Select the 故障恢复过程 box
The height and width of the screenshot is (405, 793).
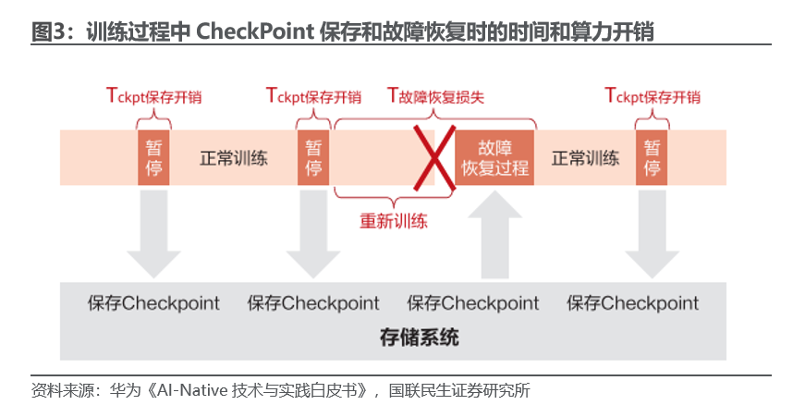[x=494, y=157]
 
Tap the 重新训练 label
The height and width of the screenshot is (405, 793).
[x=394, y=221]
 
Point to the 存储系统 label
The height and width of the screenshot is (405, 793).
[x=419, y=337]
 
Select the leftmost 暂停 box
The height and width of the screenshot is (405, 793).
[x=154, y=157]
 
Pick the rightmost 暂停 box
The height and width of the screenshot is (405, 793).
[x=653, y=157]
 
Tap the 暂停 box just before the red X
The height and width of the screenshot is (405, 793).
[x=313, y=157]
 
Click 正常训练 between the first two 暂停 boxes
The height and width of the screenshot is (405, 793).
[x=234, y=157]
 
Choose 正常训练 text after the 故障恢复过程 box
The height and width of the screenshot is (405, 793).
[x=585, y=157]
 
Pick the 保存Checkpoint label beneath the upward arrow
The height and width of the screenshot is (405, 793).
[x=473, y=303]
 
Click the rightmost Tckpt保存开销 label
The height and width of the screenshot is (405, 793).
[x=653, y=95]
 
